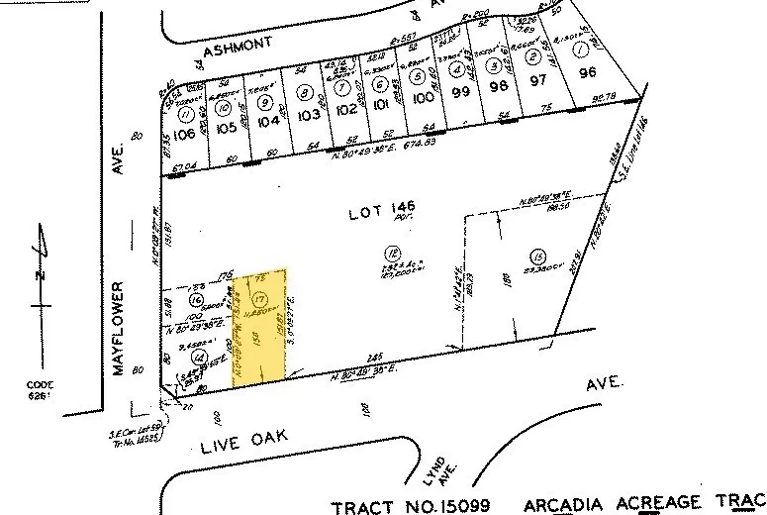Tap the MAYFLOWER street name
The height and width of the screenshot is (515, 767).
pyautogui.click(x=119, y=328)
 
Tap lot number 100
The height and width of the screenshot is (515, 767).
pyautogui.click(x=424, y=98)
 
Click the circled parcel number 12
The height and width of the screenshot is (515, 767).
pyautogui.click(x=392, y=252)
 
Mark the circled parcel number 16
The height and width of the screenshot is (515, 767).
pyautogui.click(x=196, y=300)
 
